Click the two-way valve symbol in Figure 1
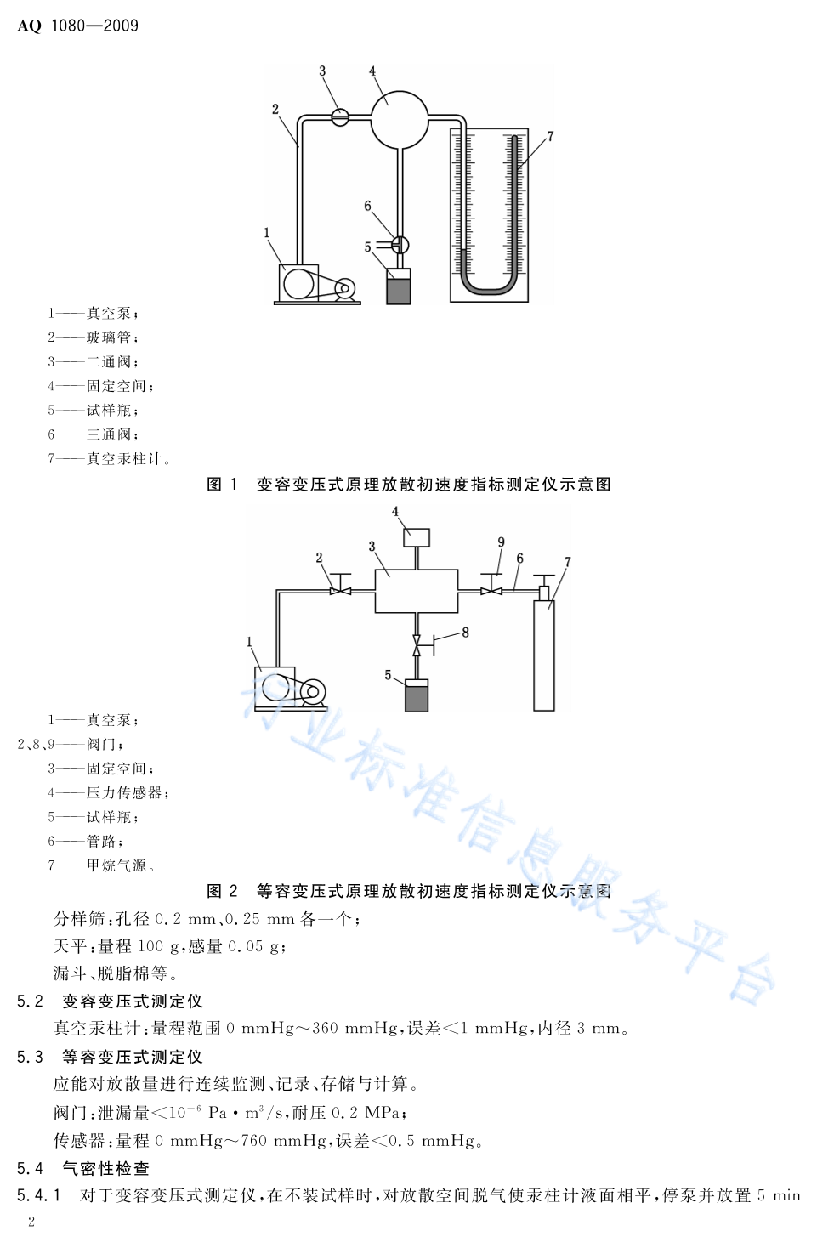coord(340,117)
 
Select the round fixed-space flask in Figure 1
coord(400,120)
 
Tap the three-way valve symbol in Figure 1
coord(400,245)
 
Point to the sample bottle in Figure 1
coord(399,286)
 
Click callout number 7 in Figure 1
coord(550,136)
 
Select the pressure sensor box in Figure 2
coord(417,537)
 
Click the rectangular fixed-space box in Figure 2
coord(417,591)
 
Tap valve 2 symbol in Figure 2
coord(340,585)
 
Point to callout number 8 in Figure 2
coord(465,633)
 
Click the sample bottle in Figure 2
coord(417,695)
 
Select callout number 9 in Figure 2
coord(501,542)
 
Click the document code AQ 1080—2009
coord(78,26)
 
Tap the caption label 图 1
coord(223,485)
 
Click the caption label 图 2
coord(223,891)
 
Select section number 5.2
coord(30,1001)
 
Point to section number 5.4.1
coord(39,1195)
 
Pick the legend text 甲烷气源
coord(116,865)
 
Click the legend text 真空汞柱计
coord(124,458)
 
